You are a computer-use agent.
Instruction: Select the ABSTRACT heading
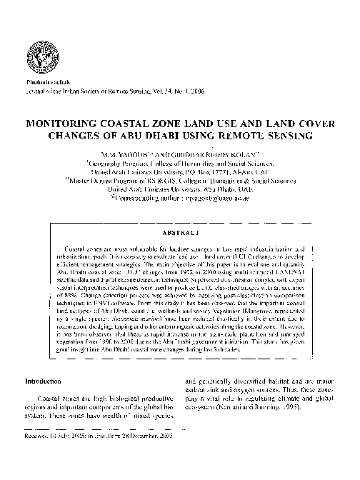coord(181,233)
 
